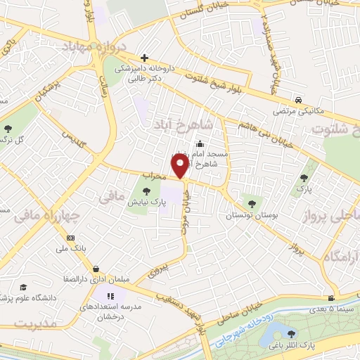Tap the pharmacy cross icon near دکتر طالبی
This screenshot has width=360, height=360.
click(x=144, y=58)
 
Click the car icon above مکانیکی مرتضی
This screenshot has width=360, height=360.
click(x=300, y=101)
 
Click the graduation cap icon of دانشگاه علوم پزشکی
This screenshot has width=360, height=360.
click(x=23, y=288)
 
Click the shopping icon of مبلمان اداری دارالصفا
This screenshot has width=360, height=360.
click(x=95, y=269)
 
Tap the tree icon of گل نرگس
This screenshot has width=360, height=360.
click(x=8, y=128)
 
